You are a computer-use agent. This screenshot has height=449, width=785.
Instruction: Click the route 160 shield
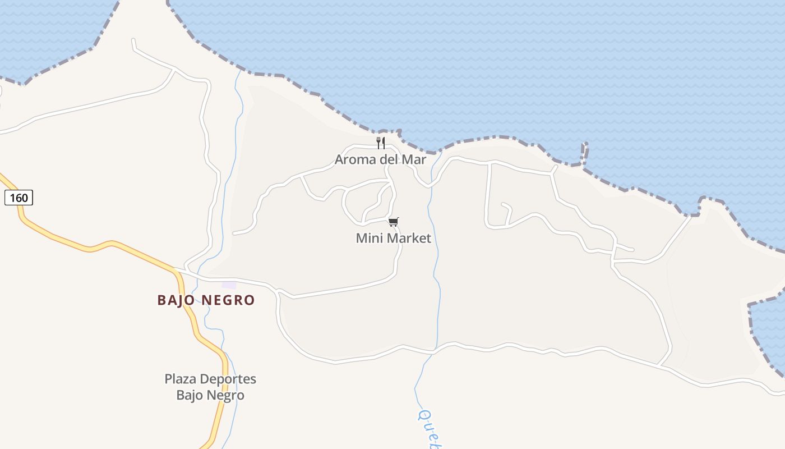(19, 198)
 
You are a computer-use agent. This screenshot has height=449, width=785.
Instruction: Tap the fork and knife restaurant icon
(381, 143)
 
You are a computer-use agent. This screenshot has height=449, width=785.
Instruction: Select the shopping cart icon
(394, 222)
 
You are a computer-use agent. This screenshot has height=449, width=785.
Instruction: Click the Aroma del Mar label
(381, 159)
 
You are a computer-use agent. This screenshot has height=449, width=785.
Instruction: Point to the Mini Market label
(394, 238)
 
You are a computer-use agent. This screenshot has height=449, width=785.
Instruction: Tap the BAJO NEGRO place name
(206, 300)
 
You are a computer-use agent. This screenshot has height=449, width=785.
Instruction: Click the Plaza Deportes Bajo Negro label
(210, 387)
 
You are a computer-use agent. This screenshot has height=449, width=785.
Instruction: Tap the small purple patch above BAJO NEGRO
(229, 285)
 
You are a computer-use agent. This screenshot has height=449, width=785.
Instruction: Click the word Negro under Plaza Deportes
(227, 395)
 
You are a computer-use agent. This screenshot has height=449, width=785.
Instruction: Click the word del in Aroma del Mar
(389, 159)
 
